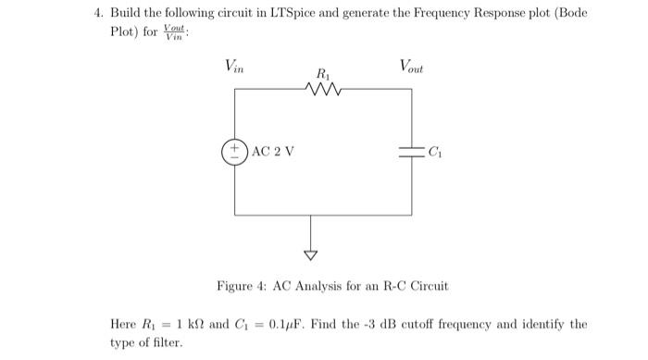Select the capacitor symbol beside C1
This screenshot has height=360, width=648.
[x=411, y=152]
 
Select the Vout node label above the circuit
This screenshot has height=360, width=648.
[x=413, y=66]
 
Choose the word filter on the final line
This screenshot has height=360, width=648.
[x=170, y=342]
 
